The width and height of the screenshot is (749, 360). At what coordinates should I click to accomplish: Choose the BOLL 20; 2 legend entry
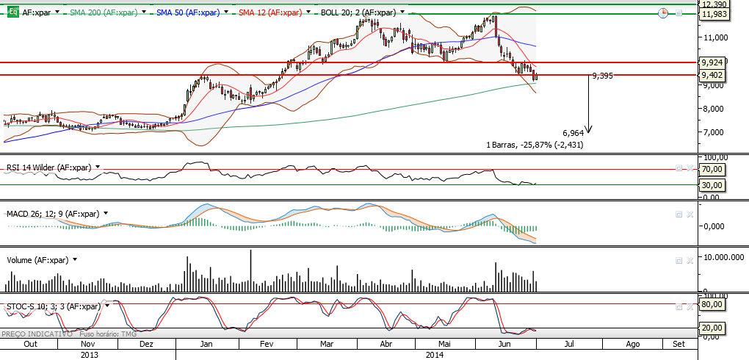point(358,13)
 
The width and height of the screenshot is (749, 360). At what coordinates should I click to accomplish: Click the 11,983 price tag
point(714,14)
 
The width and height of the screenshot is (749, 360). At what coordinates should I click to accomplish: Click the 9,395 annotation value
point(602,76)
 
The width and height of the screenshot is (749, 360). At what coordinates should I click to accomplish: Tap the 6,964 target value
point(573,133)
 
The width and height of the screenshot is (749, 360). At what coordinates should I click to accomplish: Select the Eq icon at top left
point(12,13)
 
